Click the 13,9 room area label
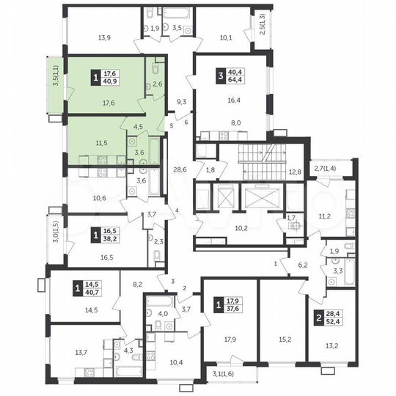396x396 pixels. tap(103, 38)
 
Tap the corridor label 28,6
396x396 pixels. tap(179, 169)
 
